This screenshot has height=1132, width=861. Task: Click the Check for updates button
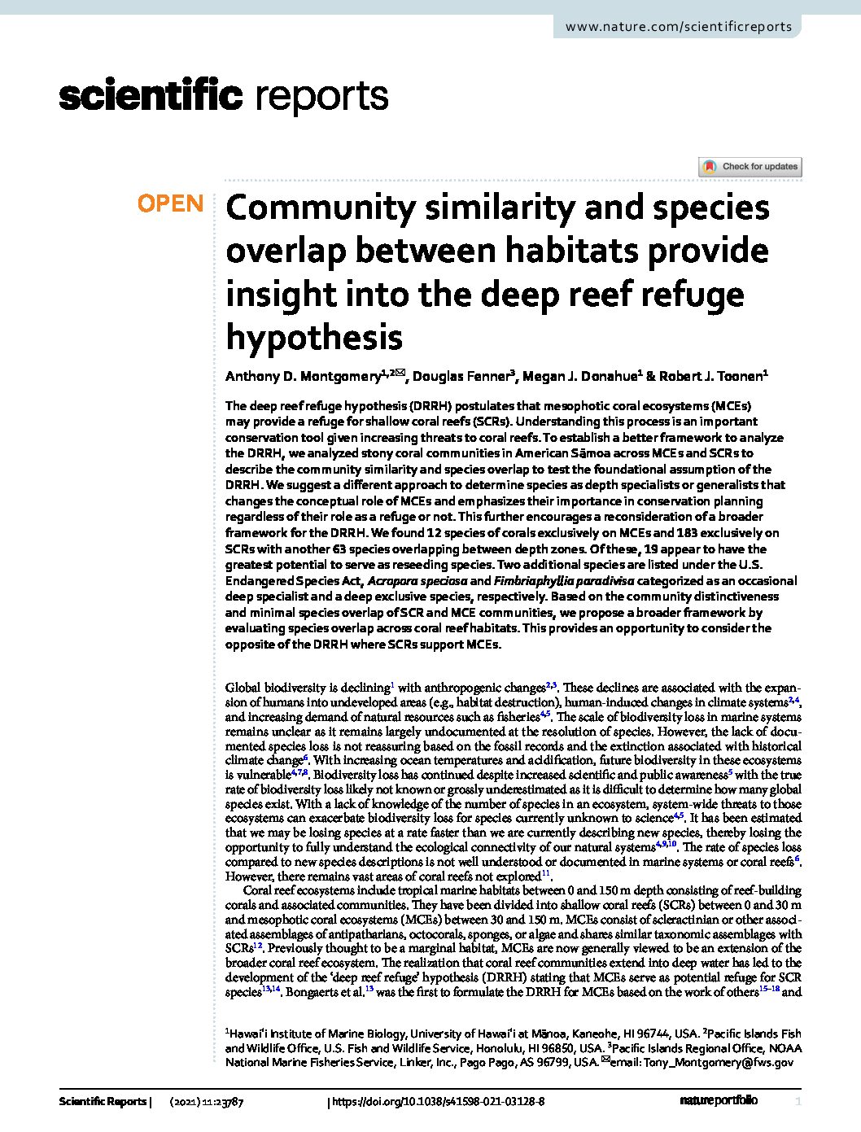(x=750, y=167)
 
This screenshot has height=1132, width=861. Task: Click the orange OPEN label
(x=170, y=203)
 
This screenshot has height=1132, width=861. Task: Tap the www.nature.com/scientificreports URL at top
(x=678, y=26)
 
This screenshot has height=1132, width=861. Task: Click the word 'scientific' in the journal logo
(x=151, y=96)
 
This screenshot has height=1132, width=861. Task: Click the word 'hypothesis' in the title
(x=313, y=336)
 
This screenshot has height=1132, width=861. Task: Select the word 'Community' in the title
(x=320, y=208)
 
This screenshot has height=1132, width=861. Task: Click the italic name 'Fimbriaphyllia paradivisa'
(x=563, y=581)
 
